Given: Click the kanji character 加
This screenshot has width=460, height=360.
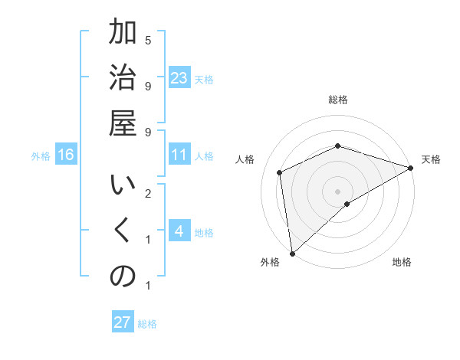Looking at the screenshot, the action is point(123,34).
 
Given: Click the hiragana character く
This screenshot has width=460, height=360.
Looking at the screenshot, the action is point(123,232).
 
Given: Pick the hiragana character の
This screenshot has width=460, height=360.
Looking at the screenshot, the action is point(123,277).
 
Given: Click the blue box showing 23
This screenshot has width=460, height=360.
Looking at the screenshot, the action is point(179,78).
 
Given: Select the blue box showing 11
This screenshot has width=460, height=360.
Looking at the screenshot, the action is point(179,155).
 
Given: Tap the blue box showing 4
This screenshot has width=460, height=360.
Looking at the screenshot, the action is point(179,232).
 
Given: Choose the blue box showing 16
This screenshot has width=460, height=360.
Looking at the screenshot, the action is point(66,155).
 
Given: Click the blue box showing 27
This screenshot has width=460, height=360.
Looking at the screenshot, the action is point(123,322).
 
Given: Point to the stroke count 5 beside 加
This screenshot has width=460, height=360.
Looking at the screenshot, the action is point(148,40).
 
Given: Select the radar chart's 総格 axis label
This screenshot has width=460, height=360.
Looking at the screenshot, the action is point(337,100).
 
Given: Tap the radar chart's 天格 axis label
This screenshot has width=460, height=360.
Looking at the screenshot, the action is point(431,159).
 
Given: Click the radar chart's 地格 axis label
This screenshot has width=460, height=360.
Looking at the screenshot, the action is point(402,262).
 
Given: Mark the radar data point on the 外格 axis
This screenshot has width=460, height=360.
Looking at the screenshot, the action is point(292,253).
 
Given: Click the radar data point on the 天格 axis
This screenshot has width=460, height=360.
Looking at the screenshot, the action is point(410,168).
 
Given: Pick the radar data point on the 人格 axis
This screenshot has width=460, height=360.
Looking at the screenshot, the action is point(281,172).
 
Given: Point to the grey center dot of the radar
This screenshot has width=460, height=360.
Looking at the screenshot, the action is point(337,191).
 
